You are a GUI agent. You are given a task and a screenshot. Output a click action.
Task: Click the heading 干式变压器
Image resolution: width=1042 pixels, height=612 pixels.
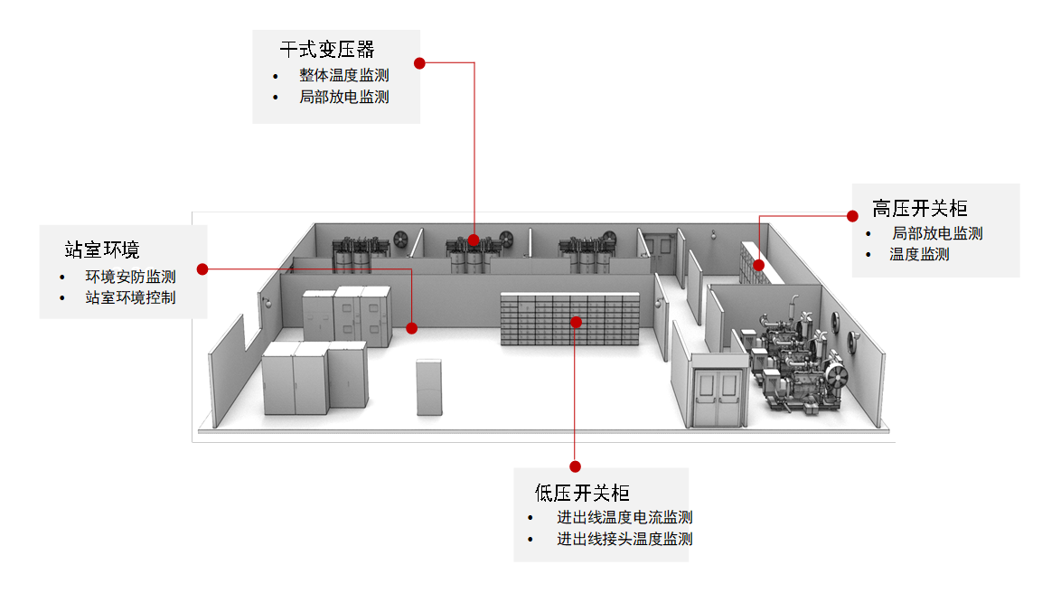(327, 49)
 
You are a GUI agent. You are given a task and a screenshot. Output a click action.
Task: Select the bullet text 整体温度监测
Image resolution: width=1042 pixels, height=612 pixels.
(343, 75)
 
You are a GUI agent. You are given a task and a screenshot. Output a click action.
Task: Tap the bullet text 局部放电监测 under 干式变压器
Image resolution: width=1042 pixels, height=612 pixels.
(343, 97)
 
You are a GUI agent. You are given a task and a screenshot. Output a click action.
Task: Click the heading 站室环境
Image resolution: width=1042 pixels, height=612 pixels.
(102, 250)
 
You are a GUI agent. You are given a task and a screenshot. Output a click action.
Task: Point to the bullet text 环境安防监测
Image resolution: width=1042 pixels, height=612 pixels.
(130, 277)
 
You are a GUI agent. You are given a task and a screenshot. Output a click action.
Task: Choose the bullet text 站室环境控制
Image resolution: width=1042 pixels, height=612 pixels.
(130, 297)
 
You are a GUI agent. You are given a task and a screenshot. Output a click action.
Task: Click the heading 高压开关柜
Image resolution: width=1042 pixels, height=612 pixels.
(920, 209)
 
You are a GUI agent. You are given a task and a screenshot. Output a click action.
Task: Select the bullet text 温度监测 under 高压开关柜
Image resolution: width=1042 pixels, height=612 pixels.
(919, 255)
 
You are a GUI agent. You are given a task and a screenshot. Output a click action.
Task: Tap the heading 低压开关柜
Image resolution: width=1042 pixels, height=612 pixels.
(582, 493)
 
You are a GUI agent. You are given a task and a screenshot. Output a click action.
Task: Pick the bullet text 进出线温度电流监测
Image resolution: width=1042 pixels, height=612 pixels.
(624, 517)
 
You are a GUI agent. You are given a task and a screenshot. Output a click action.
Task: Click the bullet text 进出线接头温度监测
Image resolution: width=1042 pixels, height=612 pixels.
(624, 539)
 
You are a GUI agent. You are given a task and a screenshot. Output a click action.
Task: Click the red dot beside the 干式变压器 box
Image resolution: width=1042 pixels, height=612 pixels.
(419, 63)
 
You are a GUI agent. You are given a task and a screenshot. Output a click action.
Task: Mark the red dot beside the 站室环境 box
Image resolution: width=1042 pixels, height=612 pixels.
(202, 269)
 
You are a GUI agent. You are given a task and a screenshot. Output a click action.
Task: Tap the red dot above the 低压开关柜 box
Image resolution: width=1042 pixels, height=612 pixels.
(576, 466)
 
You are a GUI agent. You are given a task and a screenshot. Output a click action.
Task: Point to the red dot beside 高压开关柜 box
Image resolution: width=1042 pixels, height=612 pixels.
(852, 216)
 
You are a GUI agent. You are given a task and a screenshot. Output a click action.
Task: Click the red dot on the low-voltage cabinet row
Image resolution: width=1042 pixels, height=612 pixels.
(577, 323)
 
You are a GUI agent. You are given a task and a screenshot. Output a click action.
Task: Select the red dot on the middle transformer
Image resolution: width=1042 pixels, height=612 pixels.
(474, 240)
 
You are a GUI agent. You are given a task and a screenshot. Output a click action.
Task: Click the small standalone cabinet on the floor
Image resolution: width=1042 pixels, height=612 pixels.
(429, 388)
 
